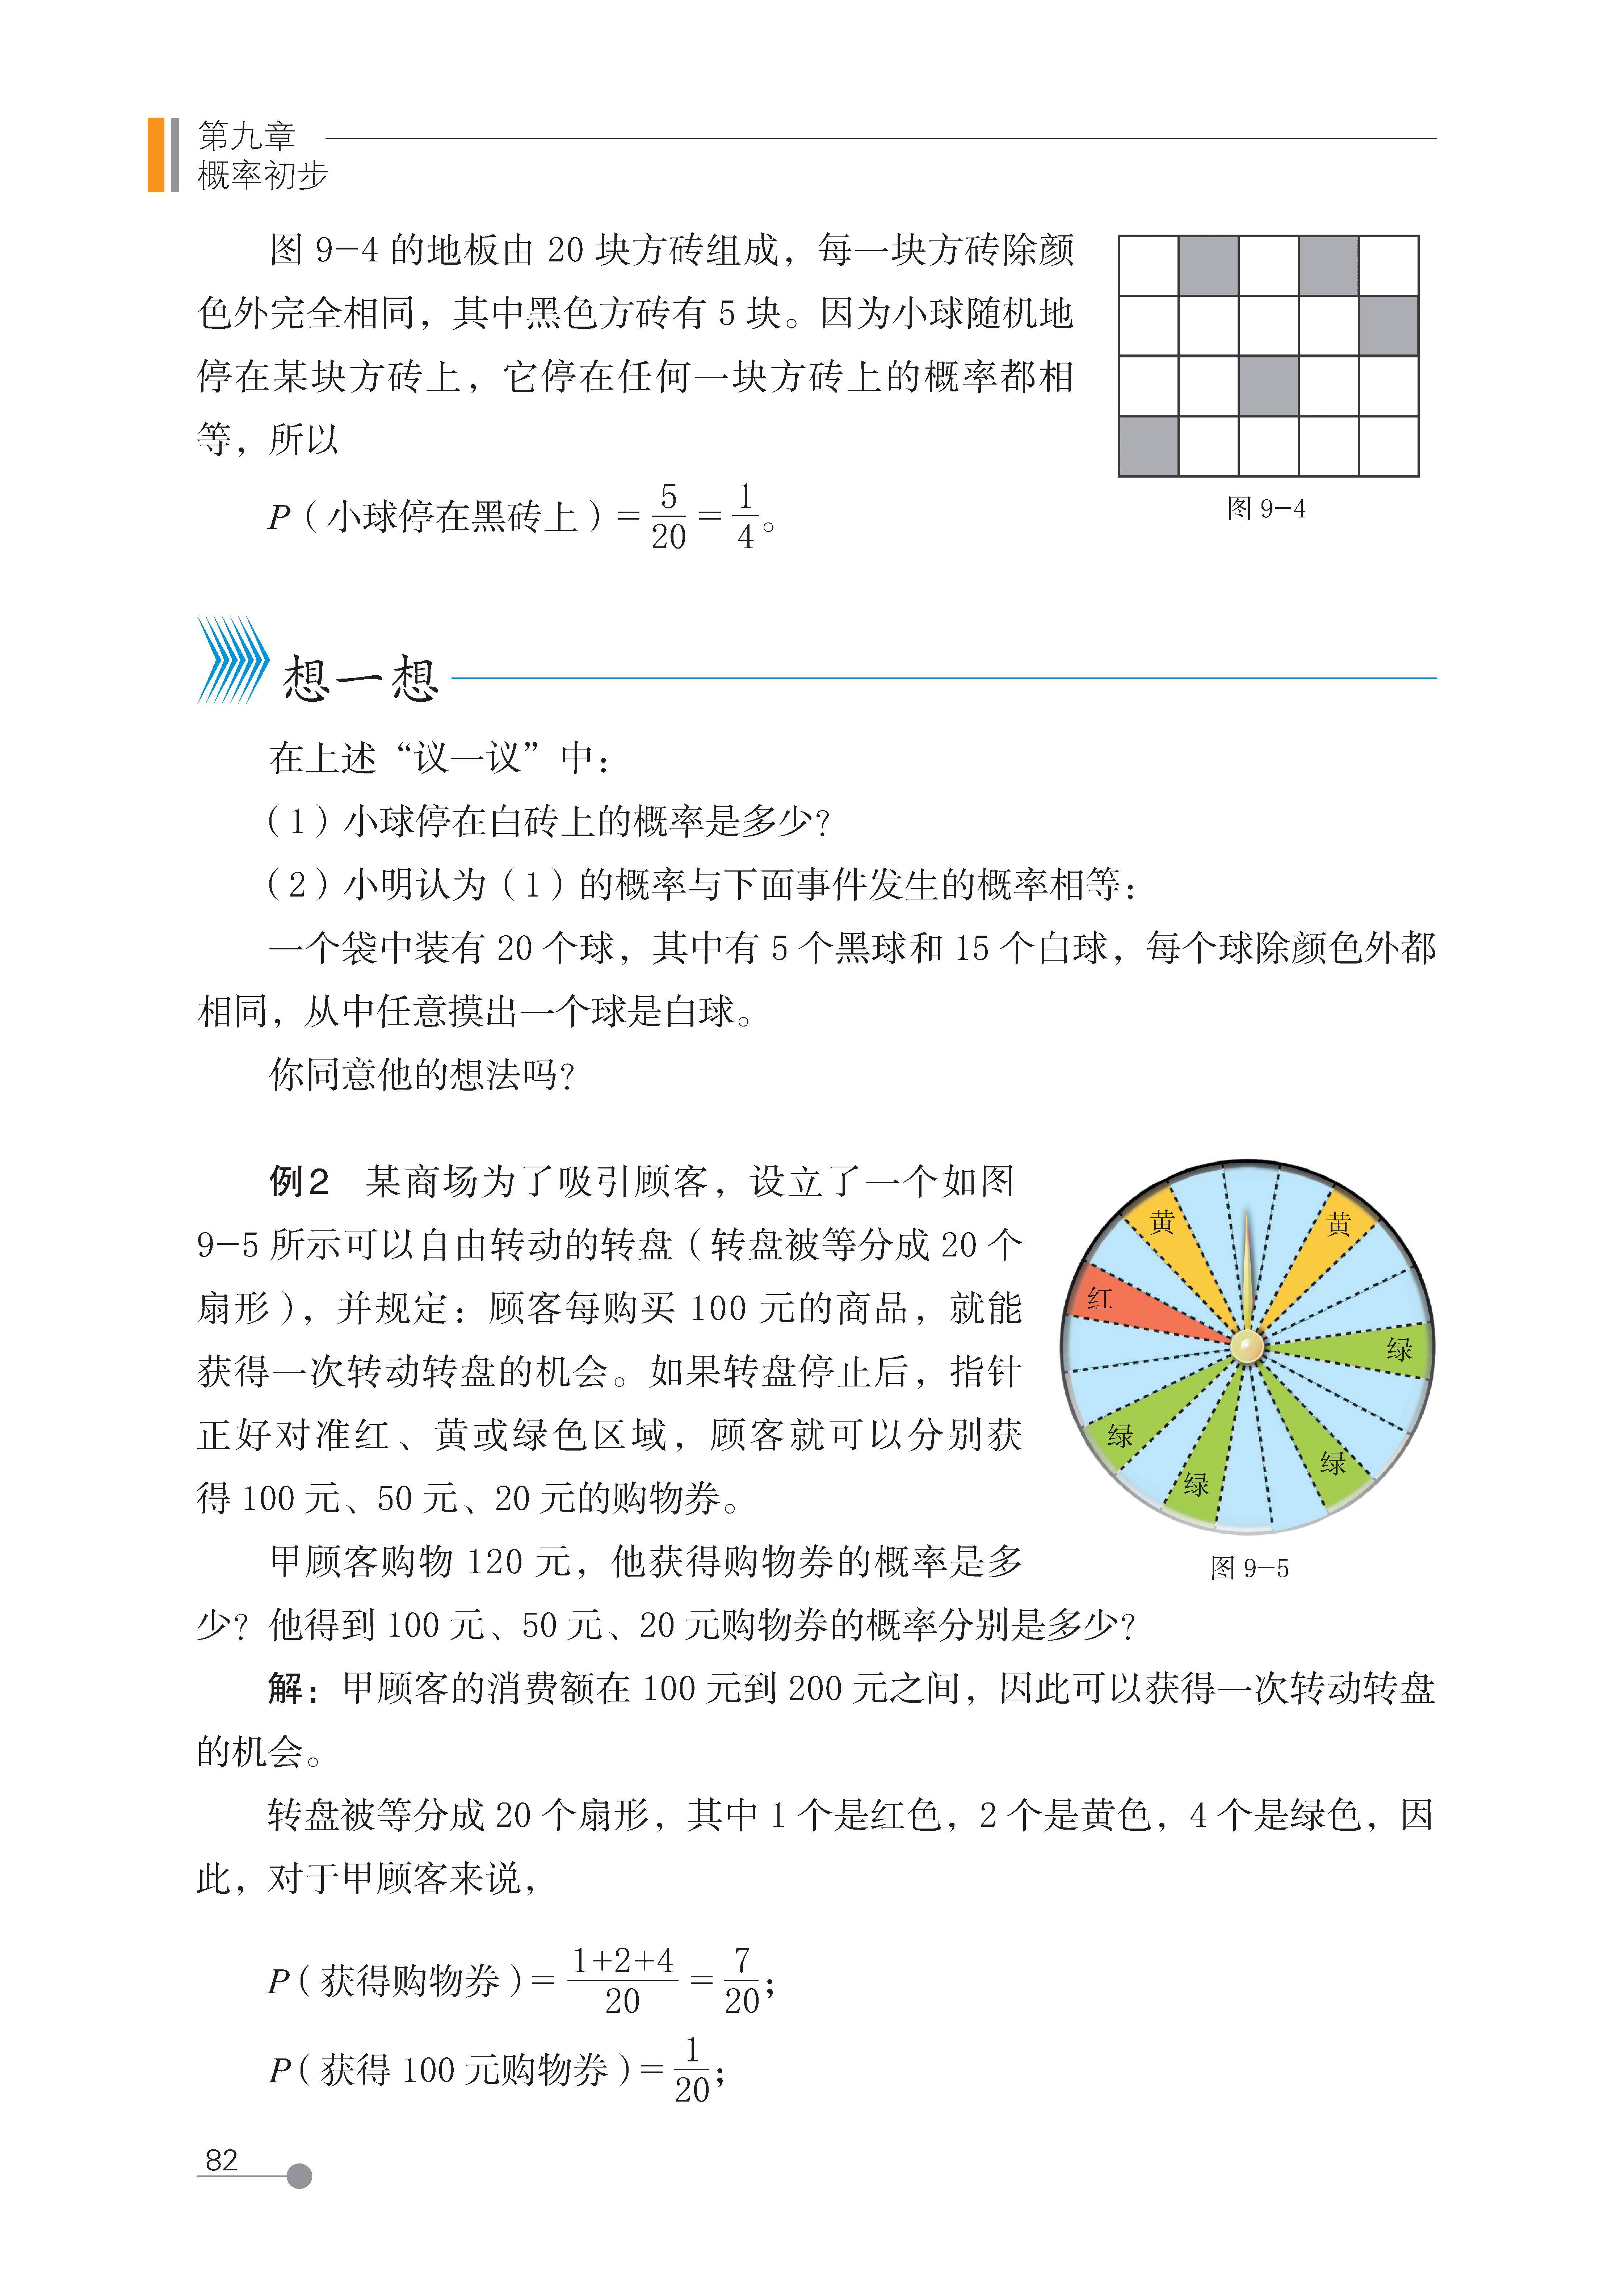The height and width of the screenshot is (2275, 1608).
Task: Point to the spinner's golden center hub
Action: (x=1247, y=1346)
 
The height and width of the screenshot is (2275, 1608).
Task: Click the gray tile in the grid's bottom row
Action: (x=1148, y=446)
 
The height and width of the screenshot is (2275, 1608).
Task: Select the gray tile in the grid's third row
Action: (x=1268, y=385)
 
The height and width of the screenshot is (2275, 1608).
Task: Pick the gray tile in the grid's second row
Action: (x=1388, y=325)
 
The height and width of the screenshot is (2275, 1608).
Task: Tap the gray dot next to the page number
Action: (x=299, y=2176)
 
